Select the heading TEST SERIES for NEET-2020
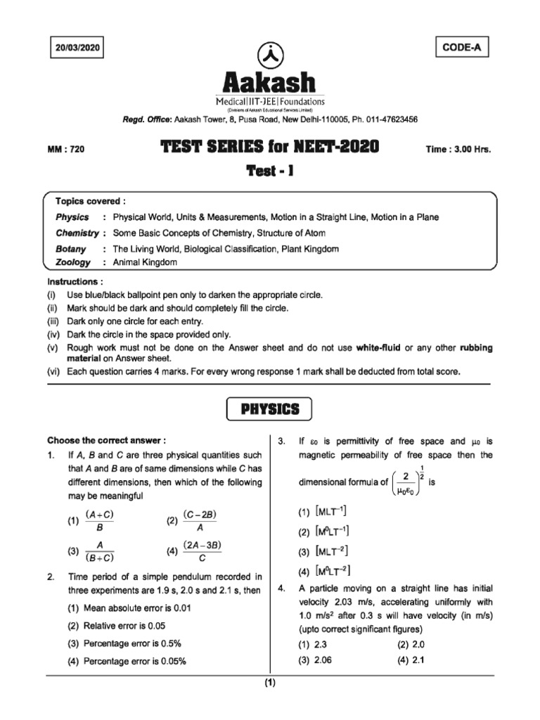tap(269, 147)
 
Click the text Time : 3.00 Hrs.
tap(458, 149)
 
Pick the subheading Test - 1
tap(269, 171)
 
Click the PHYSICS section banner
tap(269, 409)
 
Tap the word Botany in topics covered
tap(71, 249)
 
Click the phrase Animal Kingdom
tap(145, 262)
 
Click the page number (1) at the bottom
tap(270, 683)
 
